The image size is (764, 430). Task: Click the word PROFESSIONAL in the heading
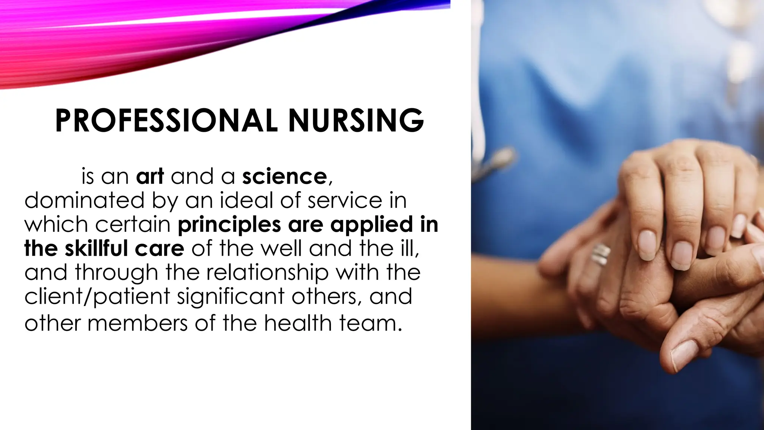166,120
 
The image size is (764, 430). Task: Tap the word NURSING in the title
356,120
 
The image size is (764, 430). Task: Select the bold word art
150,176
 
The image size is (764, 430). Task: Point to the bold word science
284,176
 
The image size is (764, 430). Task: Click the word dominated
84,200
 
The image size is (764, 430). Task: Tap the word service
345,200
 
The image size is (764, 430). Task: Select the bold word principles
229,224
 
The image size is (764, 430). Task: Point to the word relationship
267,272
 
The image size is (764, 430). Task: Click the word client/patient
97,296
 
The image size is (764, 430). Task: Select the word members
138,323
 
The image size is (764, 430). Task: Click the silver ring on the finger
600,255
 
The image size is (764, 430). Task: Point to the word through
117,272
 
